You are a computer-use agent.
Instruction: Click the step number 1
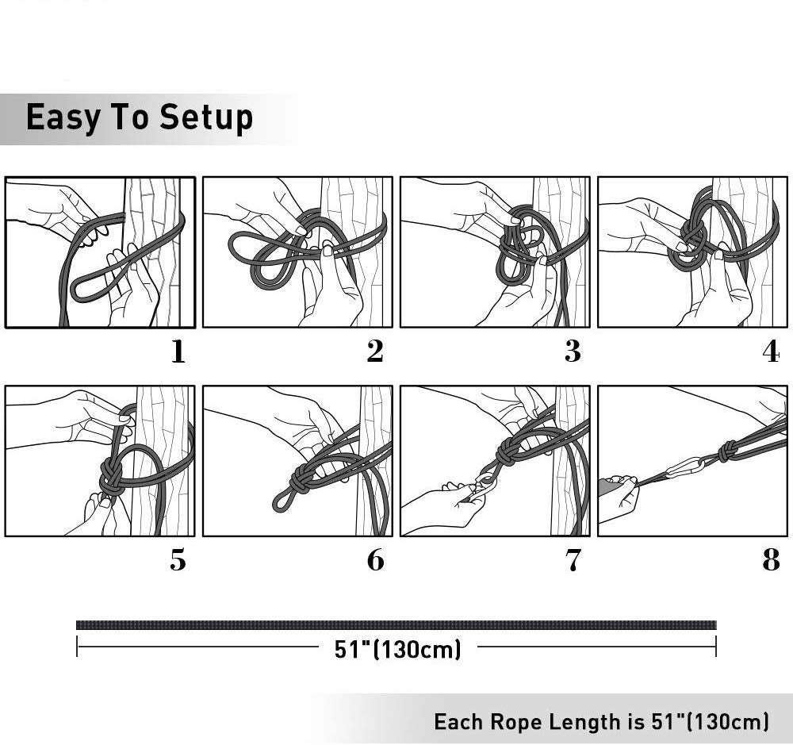click(178, 351)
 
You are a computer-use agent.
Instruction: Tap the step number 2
click(375, 351)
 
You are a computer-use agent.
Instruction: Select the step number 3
click(573, 351)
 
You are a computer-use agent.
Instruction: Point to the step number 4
click(771, 351)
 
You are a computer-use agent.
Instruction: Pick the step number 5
click(178, 560)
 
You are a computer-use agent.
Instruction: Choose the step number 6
click(375, 560)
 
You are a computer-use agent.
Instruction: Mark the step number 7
click(573, 560)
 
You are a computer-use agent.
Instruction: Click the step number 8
click(771, 560)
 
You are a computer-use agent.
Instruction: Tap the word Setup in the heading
click(206, 118)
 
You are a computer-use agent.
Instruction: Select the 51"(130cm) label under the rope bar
click(397, 649)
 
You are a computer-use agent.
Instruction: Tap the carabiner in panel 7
click(484, 486)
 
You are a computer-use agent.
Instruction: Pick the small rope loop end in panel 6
click(282, 501)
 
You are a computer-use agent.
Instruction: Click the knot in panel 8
click(727, 450)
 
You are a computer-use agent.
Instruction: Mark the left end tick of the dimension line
click(77, 647)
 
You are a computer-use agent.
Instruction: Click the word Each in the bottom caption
click(458, 722)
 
